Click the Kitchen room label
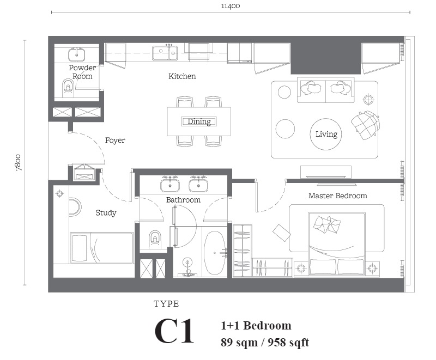coord(182,76)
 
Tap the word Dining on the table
coord(199,121)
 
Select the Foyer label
coord(115,141)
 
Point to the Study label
coord(106,213)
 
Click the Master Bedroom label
coord(338,196)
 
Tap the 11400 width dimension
coord(231,6)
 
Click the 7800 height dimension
coord(18,162)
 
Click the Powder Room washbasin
coord(76,54)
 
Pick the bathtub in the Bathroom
coord(214,253)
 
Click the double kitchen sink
coord(165,53)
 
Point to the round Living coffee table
coord(325,134)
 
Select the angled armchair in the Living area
coord(365,125)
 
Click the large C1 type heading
coord(174,331)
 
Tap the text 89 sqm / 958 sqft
coord(265,342)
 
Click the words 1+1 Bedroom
coord(256,325)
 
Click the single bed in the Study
coord(101,248)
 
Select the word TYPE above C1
coord(166,303)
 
